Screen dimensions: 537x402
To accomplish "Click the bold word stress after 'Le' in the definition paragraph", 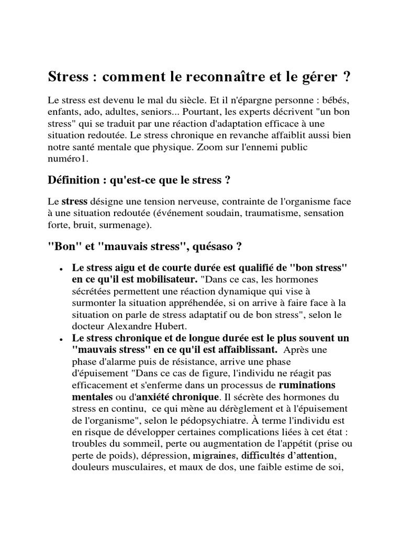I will tap(74, 201).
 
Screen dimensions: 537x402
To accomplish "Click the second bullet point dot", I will tap(62, 339).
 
